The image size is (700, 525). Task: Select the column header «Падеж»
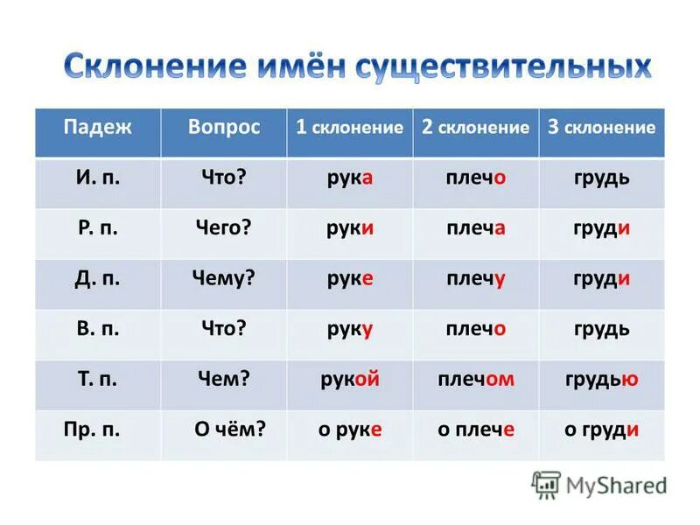[97, 127]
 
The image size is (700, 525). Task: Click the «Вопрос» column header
[224, 127]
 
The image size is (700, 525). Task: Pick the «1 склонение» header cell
[349, 128]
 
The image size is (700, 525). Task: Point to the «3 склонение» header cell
[601, 128]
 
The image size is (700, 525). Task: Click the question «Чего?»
[223, 228]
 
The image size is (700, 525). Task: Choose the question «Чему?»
[223, 278]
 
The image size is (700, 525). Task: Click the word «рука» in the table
[348, 178]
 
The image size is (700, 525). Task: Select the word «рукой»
[348, 380]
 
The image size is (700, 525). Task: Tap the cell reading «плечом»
[475, 380]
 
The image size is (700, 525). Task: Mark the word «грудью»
[601, 380]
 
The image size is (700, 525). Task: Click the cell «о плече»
[475, 430]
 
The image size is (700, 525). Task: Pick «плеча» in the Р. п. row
[475, 228]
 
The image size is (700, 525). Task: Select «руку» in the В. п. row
[348, 330]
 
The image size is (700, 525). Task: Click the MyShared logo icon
[547, 485]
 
